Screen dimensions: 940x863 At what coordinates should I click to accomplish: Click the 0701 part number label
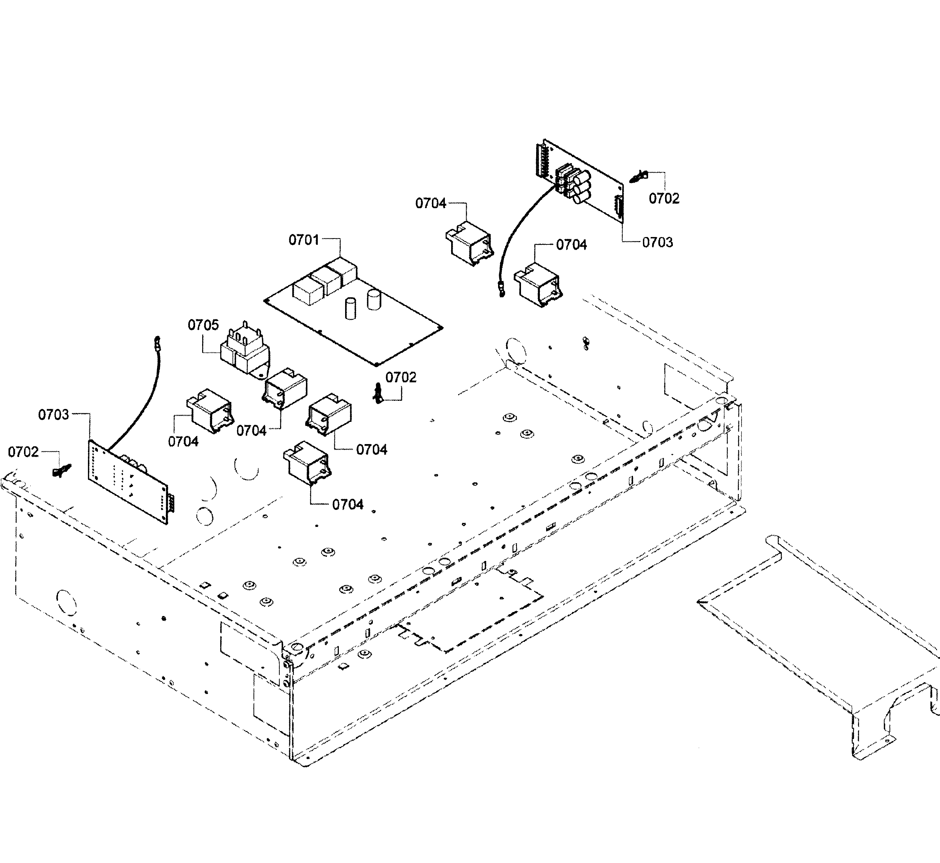click(x=304, y=240)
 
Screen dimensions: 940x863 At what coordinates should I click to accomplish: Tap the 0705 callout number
click(x=203, y=325)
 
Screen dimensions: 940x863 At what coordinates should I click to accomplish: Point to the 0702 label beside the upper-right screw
click(x=664, y=199)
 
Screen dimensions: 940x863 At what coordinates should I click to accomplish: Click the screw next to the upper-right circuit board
click(x=638, y=177)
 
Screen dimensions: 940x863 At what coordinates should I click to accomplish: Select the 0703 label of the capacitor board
click(x=658, y=242)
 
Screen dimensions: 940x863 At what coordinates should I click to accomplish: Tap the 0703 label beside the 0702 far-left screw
click(x=54, y=415)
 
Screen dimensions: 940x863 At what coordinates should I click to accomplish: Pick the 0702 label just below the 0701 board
click(x=401, y=377)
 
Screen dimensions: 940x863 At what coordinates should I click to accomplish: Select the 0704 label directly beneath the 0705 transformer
click(x=252, y=430)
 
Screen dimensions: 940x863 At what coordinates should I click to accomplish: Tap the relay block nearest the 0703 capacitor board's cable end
click(x=538, y=284)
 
